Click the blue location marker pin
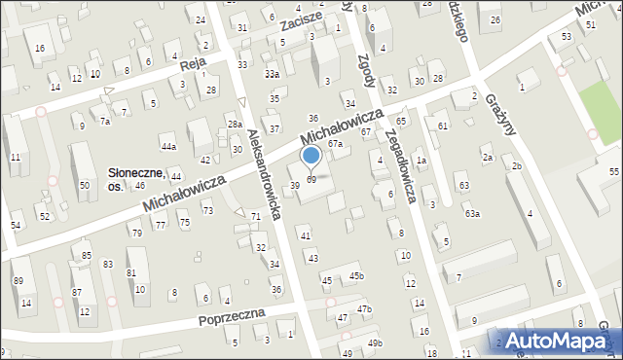(x=311, y=156)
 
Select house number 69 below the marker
(x=311, y=180)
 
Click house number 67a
(x=335, y=144)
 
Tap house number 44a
(x=169, y=147)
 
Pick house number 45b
(x=357, y=276)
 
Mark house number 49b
(x=375, y=343)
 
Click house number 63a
(x=471, y=213)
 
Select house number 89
(x=18, y=281)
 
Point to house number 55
(x=613, y=171)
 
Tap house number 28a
(x=235, y=125)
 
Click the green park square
(x=598, y=107)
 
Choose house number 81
(x=131, y=273)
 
